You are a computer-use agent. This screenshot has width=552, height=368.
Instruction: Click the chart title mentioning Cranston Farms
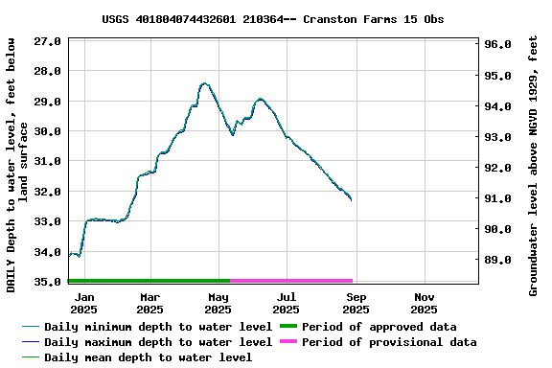(272, 19)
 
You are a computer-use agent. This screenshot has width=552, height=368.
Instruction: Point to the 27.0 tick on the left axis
(48, 41)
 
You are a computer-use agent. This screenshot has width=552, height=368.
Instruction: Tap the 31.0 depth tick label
(48, 161)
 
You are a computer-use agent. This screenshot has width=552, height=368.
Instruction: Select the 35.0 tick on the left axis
(48, 282)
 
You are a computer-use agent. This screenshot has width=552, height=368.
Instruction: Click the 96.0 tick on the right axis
(499, 45)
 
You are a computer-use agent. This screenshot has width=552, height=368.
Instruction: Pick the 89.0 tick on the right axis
(499, 260)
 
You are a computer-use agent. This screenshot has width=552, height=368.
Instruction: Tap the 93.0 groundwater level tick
(499, 137)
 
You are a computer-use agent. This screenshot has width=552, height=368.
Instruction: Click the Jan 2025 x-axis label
(83, 303)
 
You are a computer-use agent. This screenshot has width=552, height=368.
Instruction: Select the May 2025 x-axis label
(218, 303)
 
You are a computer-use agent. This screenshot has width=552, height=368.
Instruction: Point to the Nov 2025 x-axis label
(424, 303)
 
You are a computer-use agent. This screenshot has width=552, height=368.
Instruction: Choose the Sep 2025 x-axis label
(356, 303)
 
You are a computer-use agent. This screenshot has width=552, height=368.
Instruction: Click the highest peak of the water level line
(204, 83)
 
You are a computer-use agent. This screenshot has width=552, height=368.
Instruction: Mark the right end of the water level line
(352, 199)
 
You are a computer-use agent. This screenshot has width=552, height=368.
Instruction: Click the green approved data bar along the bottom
(149, 281)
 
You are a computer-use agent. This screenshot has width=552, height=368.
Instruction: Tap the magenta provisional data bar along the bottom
(291, 281)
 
